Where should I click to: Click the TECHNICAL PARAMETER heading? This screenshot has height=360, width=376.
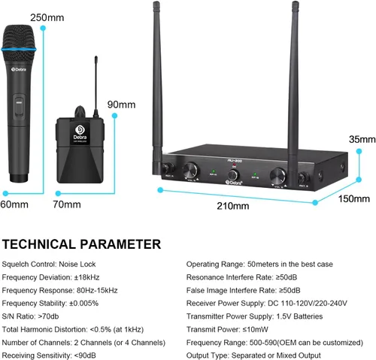coord(81,244)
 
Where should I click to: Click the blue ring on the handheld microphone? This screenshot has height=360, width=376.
coord(24,50)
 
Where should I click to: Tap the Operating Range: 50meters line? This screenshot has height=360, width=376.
coord(256,265)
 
